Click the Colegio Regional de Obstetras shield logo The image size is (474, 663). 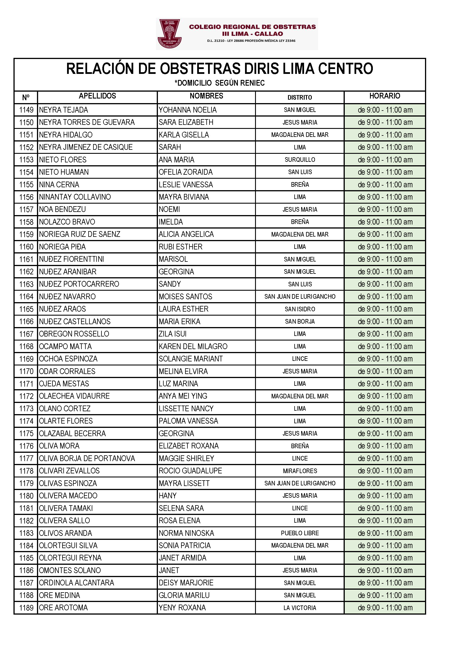(170, 34)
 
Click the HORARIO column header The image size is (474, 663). (384, 96)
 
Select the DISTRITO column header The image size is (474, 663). (299, 97)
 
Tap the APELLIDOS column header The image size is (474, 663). (97, 96)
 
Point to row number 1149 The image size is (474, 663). (26, 110)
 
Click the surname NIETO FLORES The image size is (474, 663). (63, 160)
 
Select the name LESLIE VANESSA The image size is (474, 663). (186, 185)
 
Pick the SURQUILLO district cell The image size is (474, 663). (300, 160)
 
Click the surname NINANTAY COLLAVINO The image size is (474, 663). (75, 197)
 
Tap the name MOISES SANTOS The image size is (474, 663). (185, 297)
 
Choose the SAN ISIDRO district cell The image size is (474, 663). (300, 309)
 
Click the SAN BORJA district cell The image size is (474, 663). (300, 322)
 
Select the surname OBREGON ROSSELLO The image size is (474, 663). (74, 334)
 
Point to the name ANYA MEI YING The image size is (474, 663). (183, 396)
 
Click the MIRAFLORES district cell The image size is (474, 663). (300, 471)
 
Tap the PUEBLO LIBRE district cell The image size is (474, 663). (300, 533)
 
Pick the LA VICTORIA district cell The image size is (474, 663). (300, 608)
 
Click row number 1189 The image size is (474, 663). (26, 608)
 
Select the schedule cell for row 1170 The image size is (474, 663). (385, 371)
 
